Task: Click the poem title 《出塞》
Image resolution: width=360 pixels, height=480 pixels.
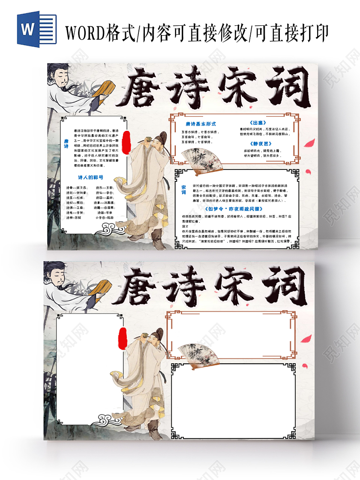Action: tap(257, 123)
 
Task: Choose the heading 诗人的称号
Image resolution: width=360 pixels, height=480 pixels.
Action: tap(90, 177)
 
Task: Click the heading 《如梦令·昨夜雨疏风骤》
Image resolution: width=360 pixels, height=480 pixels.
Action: tap(234, 209)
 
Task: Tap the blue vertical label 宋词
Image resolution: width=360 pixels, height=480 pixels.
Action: tap(184, 190)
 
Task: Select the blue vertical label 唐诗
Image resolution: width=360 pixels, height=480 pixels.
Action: tap(66, 144)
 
